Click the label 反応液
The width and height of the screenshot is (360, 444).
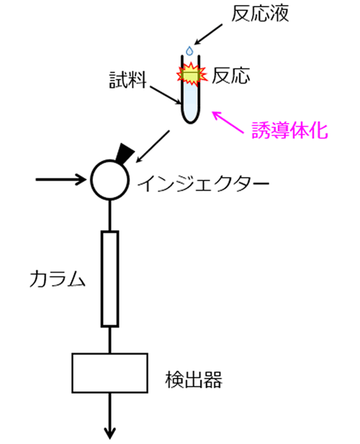tap(260, 14)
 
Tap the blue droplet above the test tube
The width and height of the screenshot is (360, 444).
tap(189, 50)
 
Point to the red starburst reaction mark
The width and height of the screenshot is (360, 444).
tap(192, 75)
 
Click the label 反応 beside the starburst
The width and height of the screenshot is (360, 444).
tap(231, 76)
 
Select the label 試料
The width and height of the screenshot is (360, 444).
tap(127, 80)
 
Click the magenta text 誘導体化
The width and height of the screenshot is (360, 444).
tap(289, 130)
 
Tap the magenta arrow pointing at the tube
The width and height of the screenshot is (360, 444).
tap(228, 122)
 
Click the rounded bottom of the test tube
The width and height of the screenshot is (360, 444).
tap(190, 118)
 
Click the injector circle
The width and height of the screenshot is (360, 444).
tap(110, 160)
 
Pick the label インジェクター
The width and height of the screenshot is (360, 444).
tap(203, 184)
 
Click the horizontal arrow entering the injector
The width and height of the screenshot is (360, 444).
tap(60, 179)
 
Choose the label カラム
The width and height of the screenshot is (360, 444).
tap(57, 279)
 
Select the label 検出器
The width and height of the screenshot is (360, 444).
tap(194, 379)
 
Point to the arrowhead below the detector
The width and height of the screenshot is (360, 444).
tap(110, 433)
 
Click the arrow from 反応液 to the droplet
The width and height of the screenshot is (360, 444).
tap(208, 35)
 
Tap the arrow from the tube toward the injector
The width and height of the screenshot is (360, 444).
tap(153, 146)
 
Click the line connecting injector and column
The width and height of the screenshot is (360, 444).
tap(110, 215)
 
